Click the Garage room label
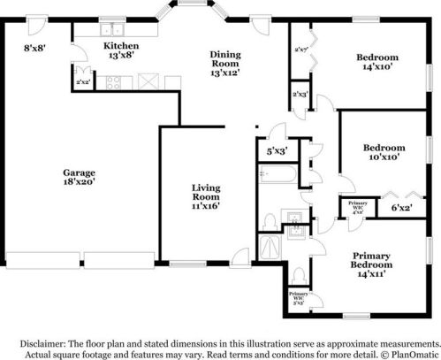(x=79, y=177)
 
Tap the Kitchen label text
(x=121, y=50)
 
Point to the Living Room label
(x=206, y=195)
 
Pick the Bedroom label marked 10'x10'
(x=384, y=152)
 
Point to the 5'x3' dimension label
(x=278, y=151)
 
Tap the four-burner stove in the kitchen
(x=114, y=83)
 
